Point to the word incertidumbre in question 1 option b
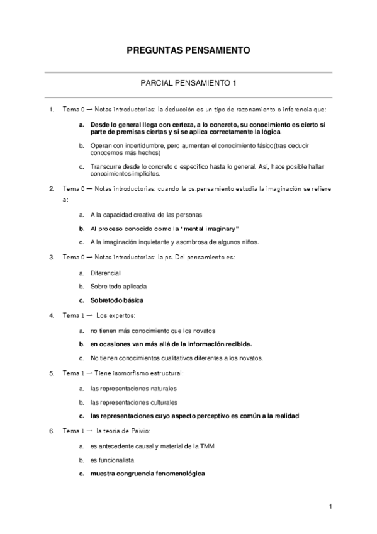tap(136, 146)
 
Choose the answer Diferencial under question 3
tap(105, 273)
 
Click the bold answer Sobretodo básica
tap(117, 300)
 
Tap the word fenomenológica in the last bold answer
tap(179, 474)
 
